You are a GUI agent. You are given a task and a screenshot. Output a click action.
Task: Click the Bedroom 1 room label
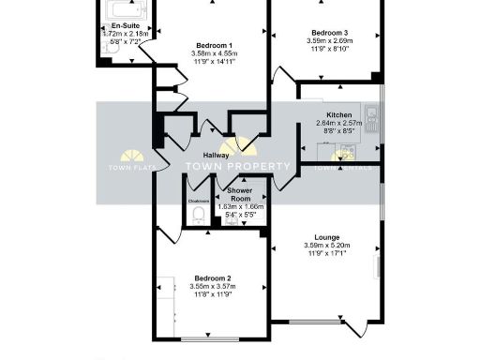[215, 46]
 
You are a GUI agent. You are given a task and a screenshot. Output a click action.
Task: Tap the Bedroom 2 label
[214, 278]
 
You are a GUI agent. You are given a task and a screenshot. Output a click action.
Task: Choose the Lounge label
[327, 237]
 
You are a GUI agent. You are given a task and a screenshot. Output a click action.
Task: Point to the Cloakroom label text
[198, 201]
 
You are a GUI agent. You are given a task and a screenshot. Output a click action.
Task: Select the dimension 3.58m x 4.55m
[215, 54]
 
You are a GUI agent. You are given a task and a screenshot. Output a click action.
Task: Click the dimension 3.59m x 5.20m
[327, 246]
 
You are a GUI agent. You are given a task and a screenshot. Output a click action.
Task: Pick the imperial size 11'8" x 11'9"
[214, 296]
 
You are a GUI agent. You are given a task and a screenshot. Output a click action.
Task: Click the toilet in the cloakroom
[198, 216]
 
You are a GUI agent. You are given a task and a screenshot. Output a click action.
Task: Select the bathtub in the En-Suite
[122, 11]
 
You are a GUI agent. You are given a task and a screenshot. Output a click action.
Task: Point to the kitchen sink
[372, 116]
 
